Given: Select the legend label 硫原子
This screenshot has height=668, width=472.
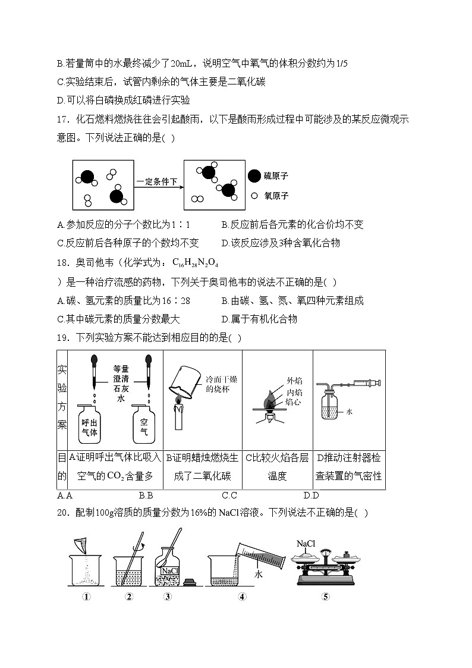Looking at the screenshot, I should (276, 176).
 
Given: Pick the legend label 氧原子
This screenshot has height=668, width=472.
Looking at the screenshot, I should (276, 196).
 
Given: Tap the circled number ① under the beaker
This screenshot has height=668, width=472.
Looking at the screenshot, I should (87, 597).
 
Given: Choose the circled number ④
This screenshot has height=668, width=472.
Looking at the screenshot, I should (242, 597).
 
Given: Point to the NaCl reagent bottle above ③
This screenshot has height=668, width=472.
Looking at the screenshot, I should (169, 569).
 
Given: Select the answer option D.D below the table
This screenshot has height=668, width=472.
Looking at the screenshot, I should (311, 495).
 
